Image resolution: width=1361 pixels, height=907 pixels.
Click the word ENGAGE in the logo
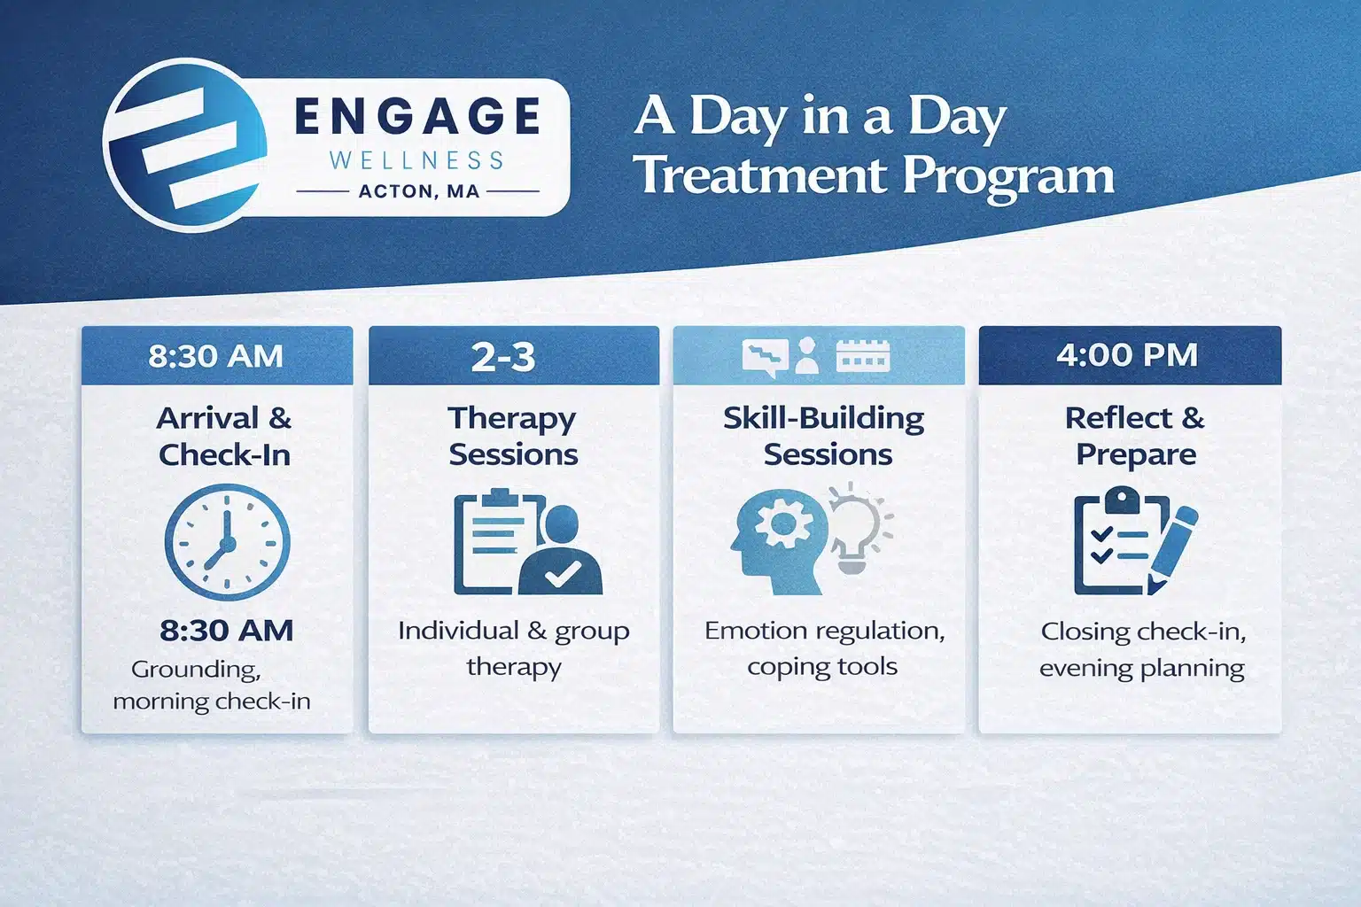(x=417, y=117)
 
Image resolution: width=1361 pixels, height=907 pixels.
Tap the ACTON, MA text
(x=418, y=191)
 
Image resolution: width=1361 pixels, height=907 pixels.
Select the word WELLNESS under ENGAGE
(x=416, y=160)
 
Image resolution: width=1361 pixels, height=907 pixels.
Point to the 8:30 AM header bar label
(x=216, y=356)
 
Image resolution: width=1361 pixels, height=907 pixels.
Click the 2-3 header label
(x=503, y=357)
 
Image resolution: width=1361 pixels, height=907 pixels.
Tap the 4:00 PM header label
(x=1127, y=355)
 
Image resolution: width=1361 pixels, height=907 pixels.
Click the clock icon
(x=227, y=541)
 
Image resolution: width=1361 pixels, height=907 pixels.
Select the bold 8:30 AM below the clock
(x=227, y=631)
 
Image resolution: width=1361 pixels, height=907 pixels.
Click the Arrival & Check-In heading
(x=224, y=436)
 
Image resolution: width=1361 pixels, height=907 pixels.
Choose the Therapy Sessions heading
(x=513, y=436)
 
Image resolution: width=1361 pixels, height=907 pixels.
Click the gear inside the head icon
(x=782, y=525)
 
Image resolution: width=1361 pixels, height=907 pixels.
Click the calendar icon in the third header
(x=863, y=356)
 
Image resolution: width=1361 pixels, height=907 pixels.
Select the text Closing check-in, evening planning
(x=1142, y=649)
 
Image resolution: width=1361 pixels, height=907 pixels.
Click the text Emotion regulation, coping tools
(x=824, y=648)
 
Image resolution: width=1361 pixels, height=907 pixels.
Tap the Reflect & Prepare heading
(x=1135, y=436)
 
